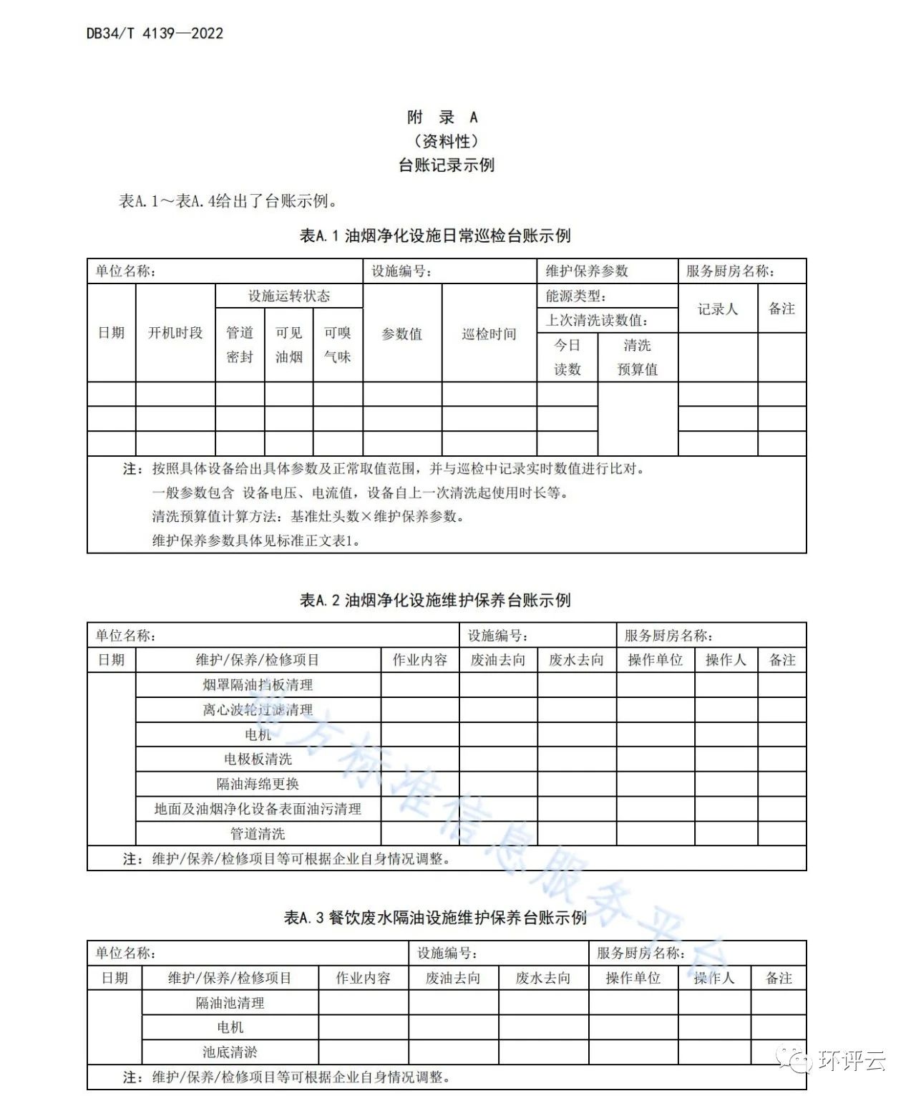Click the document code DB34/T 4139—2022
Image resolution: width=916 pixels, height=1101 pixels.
coord(155,33)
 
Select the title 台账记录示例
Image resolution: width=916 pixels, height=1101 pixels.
coord(447,165)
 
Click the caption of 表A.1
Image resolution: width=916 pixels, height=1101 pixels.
coord(434,236)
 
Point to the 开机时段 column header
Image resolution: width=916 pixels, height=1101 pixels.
coord(175,333)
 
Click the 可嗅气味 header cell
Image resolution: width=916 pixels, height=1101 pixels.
coord(338,344)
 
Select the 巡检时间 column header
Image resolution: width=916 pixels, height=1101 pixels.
coord(489,334)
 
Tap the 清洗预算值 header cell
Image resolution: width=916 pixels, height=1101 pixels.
coord(637,357)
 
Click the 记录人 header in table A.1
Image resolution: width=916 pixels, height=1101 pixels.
coord(717,309)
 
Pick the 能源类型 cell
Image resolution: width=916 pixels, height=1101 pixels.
coord(576,296)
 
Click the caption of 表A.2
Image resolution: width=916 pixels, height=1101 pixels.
coord(434,600)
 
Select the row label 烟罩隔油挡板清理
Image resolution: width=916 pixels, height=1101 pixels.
coord(258,684)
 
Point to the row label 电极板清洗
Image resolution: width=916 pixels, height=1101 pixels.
coord(258,759)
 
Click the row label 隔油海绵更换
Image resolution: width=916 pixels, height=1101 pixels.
coord(258,784)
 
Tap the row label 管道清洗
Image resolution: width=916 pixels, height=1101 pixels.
coord(258,833)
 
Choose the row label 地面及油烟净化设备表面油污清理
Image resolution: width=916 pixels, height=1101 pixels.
coord(258,809)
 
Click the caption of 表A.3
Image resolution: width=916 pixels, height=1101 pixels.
coord(434,917)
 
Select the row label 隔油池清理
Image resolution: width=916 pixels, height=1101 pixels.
coord(230,1003)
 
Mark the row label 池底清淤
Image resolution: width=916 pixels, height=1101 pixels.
coord(230,1052)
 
